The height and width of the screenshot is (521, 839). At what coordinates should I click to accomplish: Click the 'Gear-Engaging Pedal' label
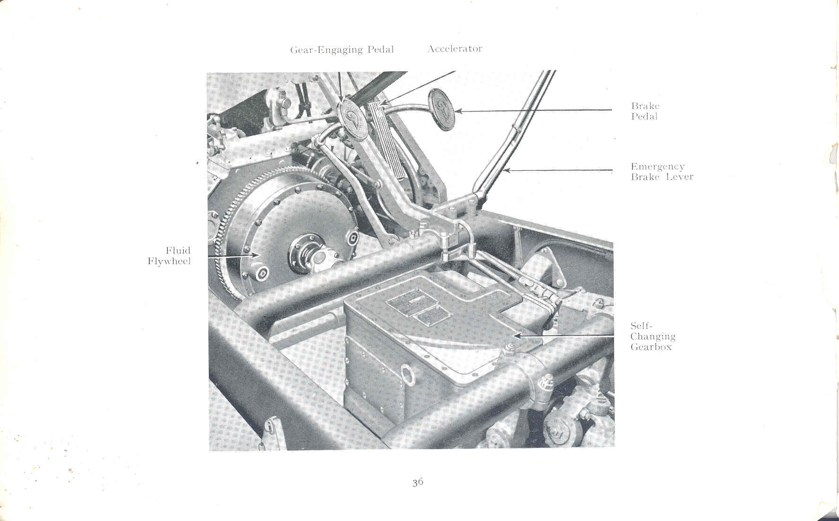[342, 50]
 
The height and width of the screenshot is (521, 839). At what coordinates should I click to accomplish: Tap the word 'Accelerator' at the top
[454, 49]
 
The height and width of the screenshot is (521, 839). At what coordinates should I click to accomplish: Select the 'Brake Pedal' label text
[645, 111]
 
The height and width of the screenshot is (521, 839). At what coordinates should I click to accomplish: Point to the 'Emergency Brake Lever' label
[661, 172]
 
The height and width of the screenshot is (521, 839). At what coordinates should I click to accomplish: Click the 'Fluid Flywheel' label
[169, 256]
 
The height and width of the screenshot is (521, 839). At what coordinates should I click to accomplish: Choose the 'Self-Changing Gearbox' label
[652, 336]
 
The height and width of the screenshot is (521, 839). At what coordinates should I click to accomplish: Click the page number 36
[418, 482]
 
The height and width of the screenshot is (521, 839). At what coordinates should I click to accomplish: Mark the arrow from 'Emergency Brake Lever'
[557, 170]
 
